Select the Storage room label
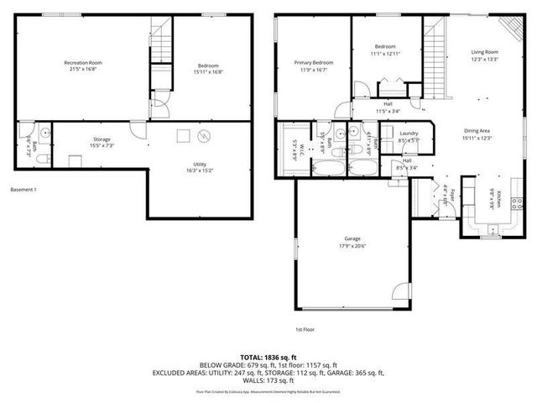pyautogui.click(x=102, y=139)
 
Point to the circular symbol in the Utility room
pyautogui.click(x=203, y=135)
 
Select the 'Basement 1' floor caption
pyautogui.click(x=24, y=190)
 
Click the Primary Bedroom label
pyautogui.click(x=312, y=63)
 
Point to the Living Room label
pyautogui.click(x=484, y=52)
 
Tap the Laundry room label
pyautogui.click(x=409, y=133)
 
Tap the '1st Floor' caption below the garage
pyautogui.click(x=305, y=330)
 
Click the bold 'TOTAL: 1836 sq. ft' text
pyautogui.click(x=268, y=356)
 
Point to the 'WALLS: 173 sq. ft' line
pyautogui.click(x=268, y=380)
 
